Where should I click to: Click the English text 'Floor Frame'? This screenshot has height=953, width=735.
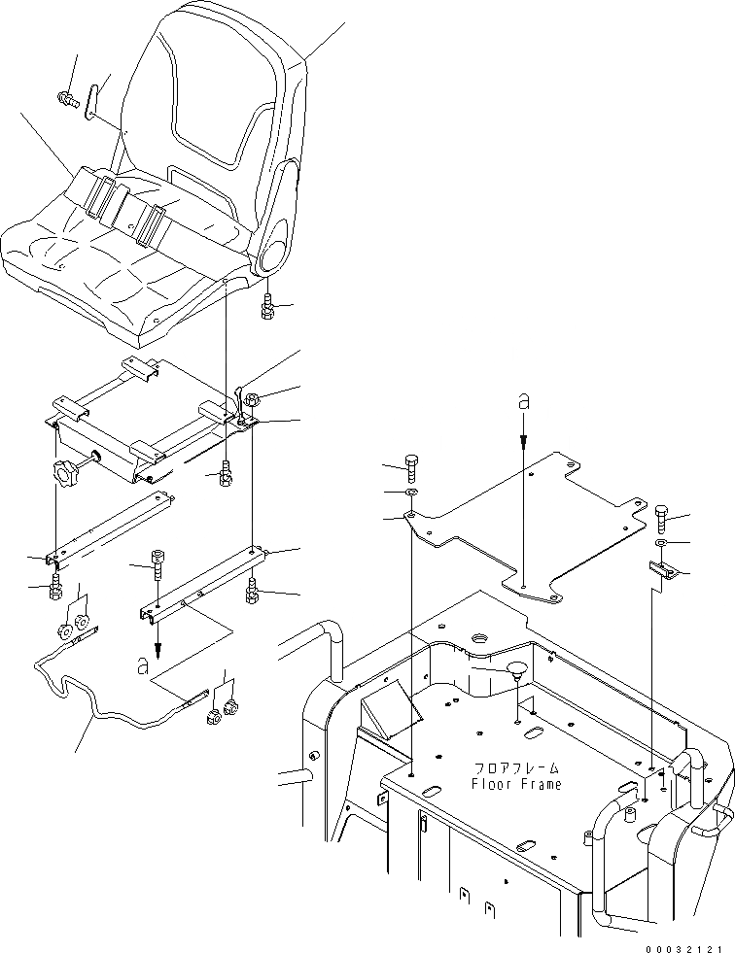[516, 784]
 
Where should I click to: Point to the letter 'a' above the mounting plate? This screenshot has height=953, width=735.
[523, 401]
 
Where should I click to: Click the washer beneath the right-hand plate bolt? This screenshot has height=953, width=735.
[661, 542]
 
